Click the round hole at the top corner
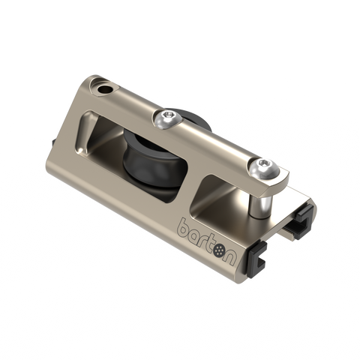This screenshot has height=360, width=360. (x=103, y=88)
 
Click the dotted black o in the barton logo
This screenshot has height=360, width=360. (x=220, y=250)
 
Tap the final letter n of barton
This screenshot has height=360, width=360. (x=230, y=257)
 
